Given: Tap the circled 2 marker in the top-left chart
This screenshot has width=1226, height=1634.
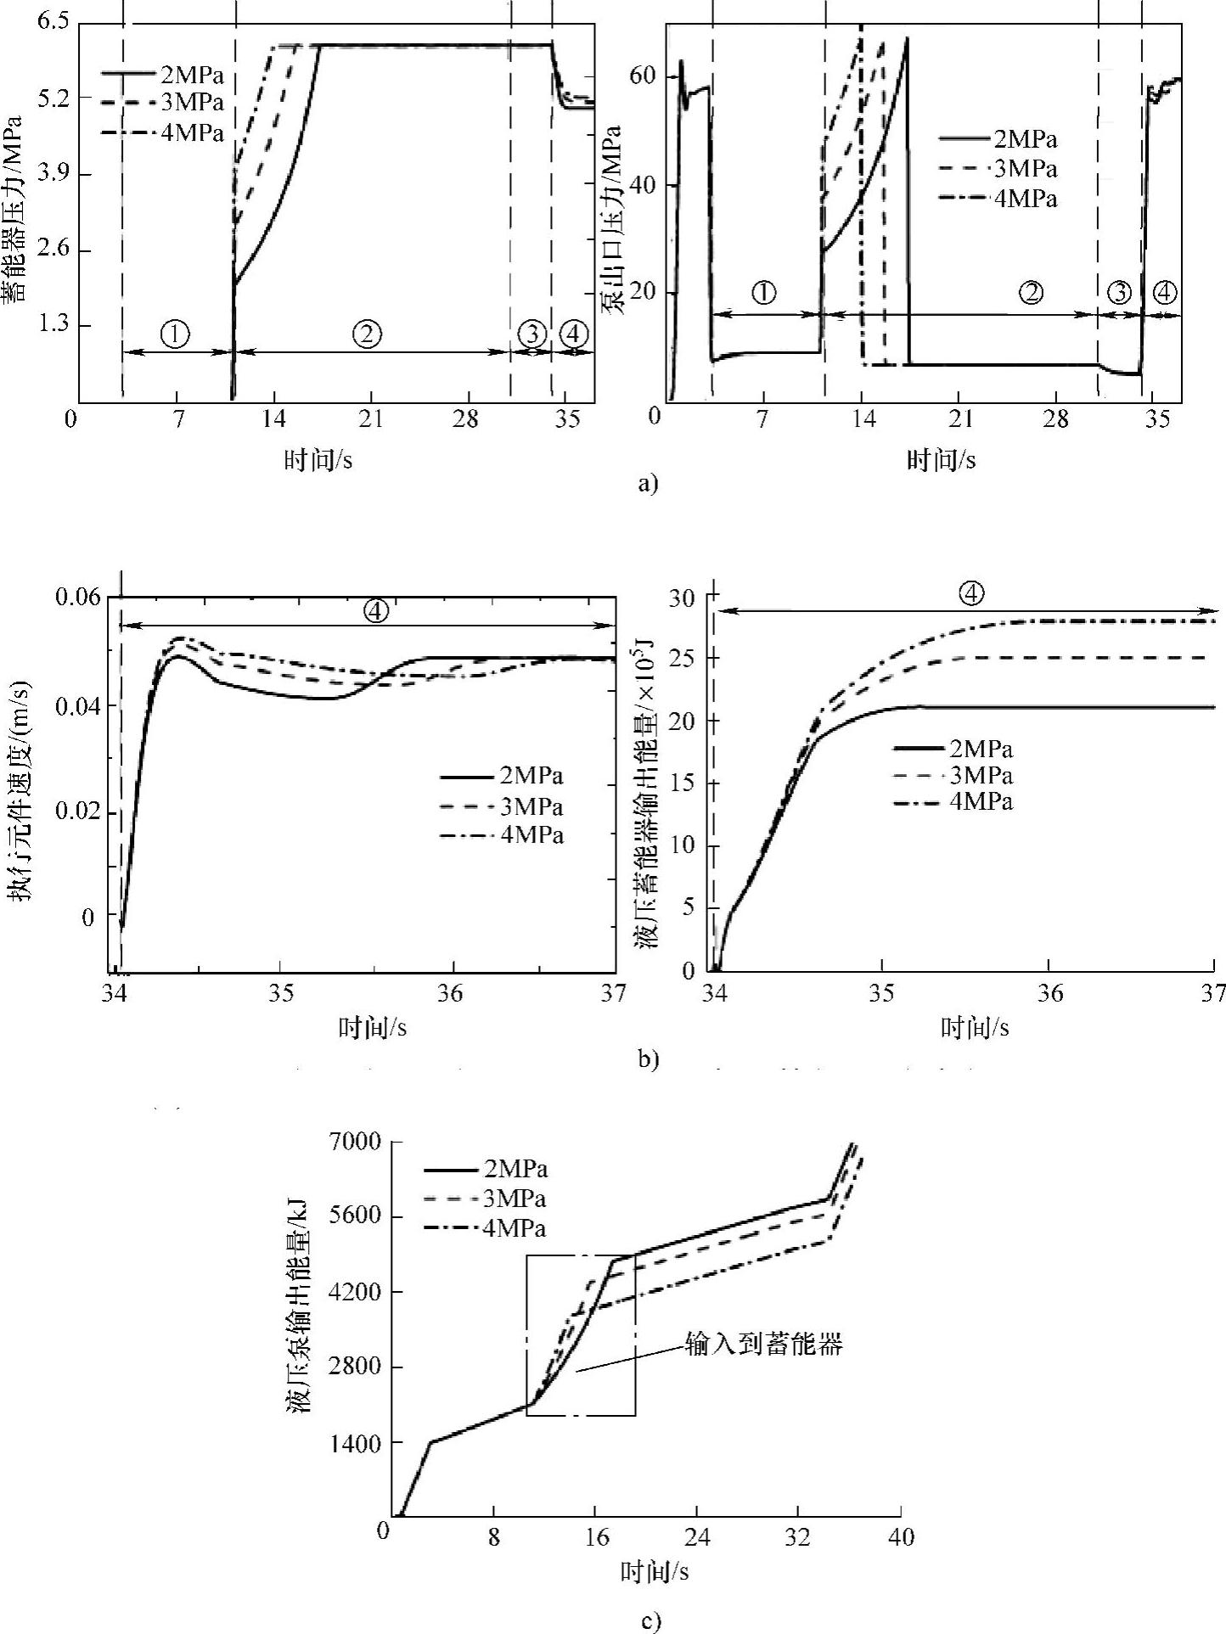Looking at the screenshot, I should coord(367,334).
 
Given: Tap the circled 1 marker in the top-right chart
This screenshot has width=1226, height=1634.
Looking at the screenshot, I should coord(763,293).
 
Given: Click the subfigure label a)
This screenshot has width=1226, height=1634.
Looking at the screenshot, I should coord(647,484).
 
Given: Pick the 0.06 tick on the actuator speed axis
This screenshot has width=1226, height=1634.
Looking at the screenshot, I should coord(78,598).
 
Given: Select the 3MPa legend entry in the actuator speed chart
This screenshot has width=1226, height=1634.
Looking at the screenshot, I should coord(531,806).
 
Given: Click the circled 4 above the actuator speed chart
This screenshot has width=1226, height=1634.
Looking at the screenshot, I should coord(376,609).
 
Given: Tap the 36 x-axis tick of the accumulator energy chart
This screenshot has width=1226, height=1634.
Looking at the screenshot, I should coord(1049,993).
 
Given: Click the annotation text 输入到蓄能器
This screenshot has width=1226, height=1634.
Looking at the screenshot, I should coord(764,1345).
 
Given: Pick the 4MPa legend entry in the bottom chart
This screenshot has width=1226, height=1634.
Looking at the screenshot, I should coord(515,1228).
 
